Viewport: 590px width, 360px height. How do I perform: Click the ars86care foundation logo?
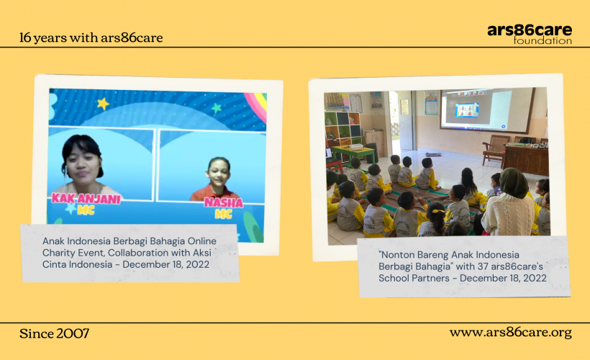[530, 35]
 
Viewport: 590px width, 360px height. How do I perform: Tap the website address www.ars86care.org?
[511, 333]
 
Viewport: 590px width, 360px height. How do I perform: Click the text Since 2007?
[54, 333]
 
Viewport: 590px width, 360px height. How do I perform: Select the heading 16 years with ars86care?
[91, 37]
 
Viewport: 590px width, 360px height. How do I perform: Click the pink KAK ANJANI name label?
[86, 199]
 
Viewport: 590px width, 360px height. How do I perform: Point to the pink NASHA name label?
[224, 202]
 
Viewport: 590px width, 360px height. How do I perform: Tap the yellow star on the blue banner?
[103, 103]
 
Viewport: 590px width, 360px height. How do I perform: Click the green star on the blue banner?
[217, 109]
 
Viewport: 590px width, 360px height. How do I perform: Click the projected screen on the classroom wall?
[487, 110]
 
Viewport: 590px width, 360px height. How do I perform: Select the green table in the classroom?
[354, 153]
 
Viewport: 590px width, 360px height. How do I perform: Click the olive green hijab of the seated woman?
[514, 183]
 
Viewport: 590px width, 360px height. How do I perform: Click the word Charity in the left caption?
[60, 253]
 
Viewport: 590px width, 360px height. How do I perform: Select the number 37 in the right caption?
[483, 266]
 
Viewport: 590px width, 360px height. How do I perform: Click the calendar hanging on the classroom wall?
[432, 104]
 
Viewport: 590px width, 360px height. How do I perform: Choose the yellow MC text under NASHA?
[223, 215]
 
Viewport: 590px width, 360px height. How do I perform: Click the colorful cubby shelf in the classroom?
[342, 128]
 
